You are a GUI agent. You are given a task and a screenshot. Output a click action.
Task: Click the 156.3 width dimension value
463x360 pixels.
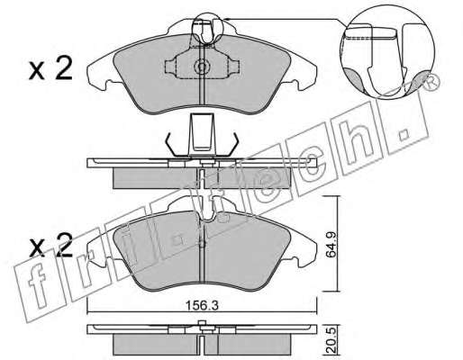(x=202, y=306)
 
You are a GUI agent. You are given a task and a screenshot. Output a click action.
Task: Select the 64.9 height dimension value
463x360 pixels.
(x=331, y=244)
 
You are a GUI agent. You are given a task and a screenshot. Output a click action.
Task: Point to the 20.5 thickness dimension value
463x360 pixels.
(x=331, y=341)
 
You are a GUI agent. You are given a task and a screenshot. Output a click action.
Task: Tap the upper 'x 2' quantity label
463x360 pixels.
(x=50, y=68)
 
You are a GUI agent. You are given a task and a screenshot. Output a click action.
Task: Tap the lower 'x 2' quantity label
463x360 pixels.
(x=50, y=246)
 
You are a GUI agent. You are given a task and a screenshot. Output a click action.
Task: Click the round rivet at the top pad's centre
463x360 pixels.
(x=202, y=67)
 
